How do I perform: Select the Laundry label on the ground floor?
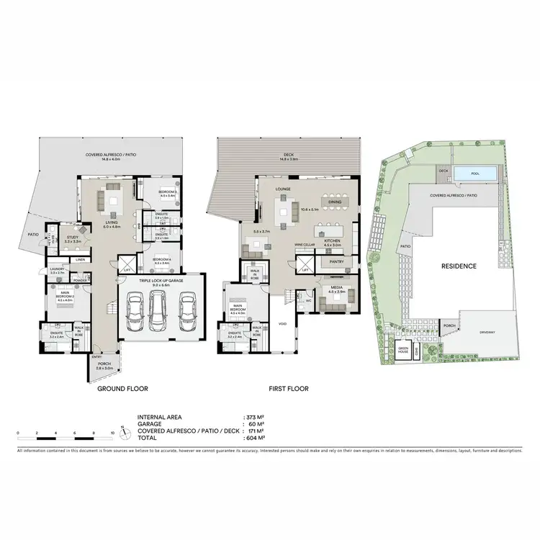tap(58, 270)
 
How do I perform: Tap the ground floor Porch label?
tap(104, 366)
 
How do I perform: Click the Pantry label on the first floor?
tap(336, 262)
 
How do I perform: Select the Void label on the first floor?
tap(282, 324)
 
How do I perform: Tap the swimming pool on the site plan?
tap(475, 174)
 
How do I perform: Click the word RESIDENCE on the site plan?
tap(459, 266)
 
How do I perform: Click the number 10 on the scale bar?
tap(112, 433)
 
